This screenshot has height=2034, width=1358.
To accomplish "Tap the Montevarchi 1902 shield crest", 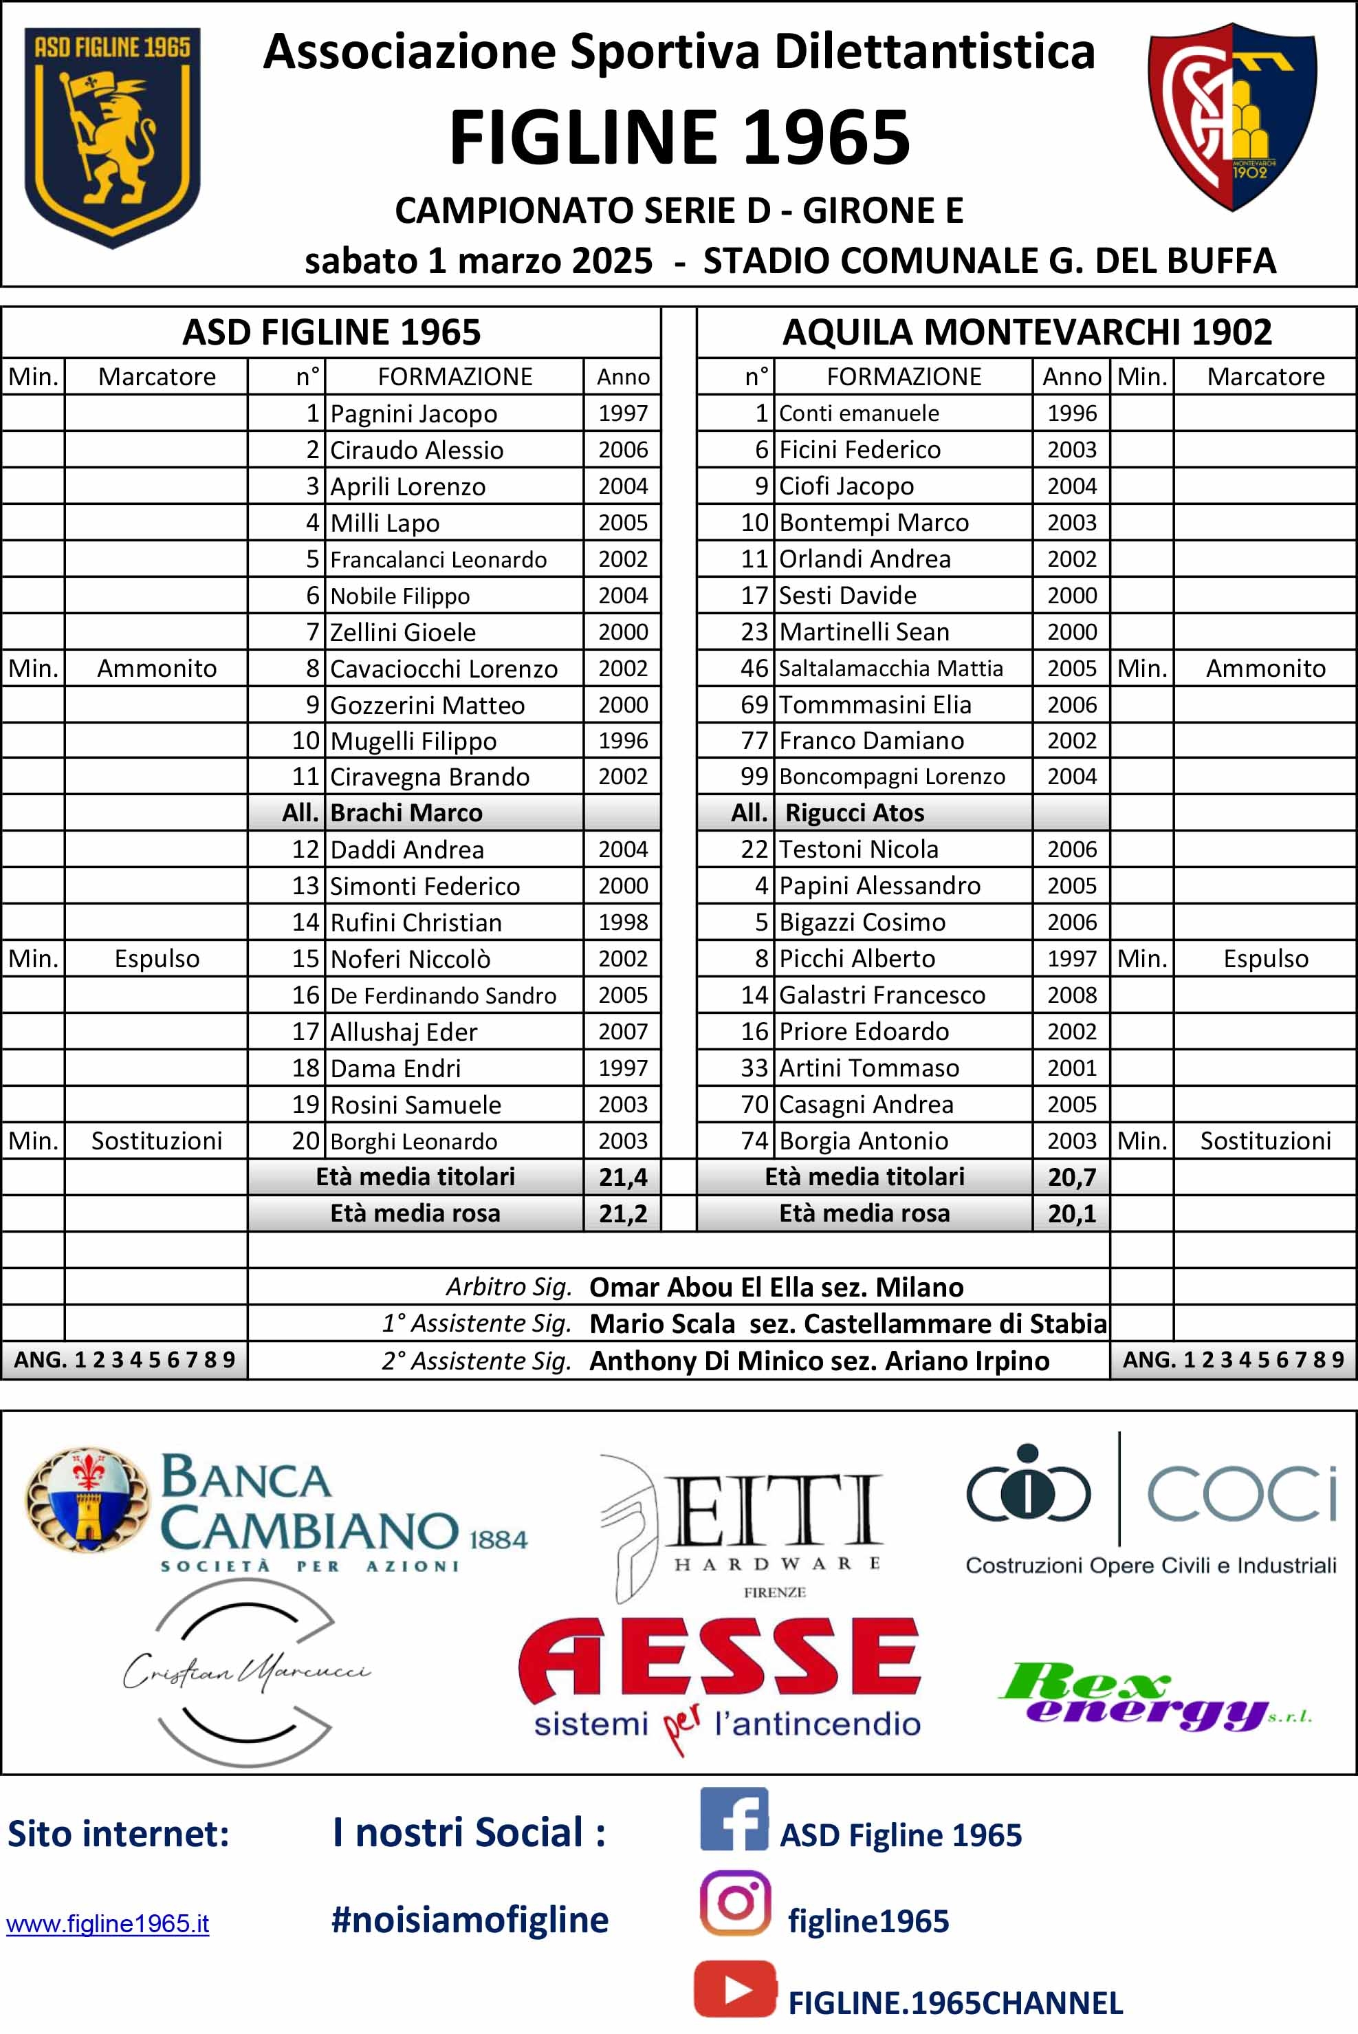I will pyautogui.click(x=1231, y=117).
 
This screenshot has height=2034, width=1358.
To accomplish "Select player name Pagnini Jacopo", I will pyautogui.click(x=413, y=414).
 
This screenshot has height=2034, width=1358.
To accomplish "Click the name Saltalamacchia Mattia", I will pyautogui.click(x=890, y=668).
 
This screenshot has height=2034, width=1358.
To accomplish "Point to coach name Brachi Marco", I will pyautogui.click(x=406, y=812).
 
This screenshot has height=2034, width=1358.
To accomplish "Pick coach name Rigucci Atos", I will pyautogui.click(x=854, y=812).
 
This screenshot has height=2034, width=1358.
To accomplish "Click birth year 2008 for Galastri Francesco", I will pyautogui.click(x=1071, y=995).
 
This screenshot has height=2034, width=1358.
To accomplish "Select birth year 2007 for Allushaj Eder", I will pyautogui.click(x=623, y=1031).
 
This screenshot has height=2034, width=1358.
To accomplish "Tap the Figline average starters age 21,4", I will pyautogui.click(x=623, y=1176).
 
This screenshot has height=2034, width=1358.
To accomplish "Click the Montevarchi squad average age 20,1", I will pyautogui.click(x=1071, y=1213).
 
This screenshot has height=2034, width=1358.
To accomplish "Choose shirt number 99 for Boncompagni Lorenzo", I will pyautogui.click(x=754, y=776).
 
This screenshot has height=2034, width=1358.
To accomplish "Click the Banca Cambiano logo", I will pyautogui.click(x=277, y=1512).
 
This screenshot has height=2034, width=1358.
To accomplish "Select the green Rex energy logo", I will pyautogui.click(x=1157, y=1694).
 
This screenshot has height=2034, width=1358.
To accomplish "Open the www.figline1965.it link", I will pyautogui.click(x=107, y=1924).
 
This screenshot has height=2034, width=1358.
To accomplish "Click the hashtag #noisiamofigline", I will pyautogui.click(x=470, y=1920).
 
